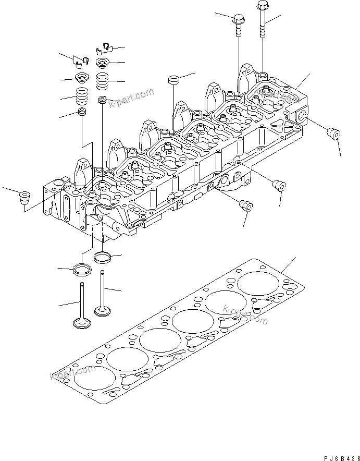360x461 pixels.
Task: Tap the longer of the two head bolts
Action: pyautogui.click(x=262, y=21)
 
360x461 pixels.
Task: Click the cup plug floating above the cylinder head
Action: pyautogui.click(x=173, y=80)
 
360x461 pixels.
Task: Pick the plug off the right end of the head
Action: pyautogui.click(x=333, y=134)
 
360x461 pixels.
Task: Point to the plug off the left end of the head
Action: pyautogui.click(x=24, y=198)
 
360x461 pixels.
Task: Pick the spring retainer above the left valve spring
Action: pyautogui.click(x=82, y=79)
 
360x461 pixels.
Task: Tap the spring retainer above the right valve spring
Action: pyautogui.click(x=102, y=64)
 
